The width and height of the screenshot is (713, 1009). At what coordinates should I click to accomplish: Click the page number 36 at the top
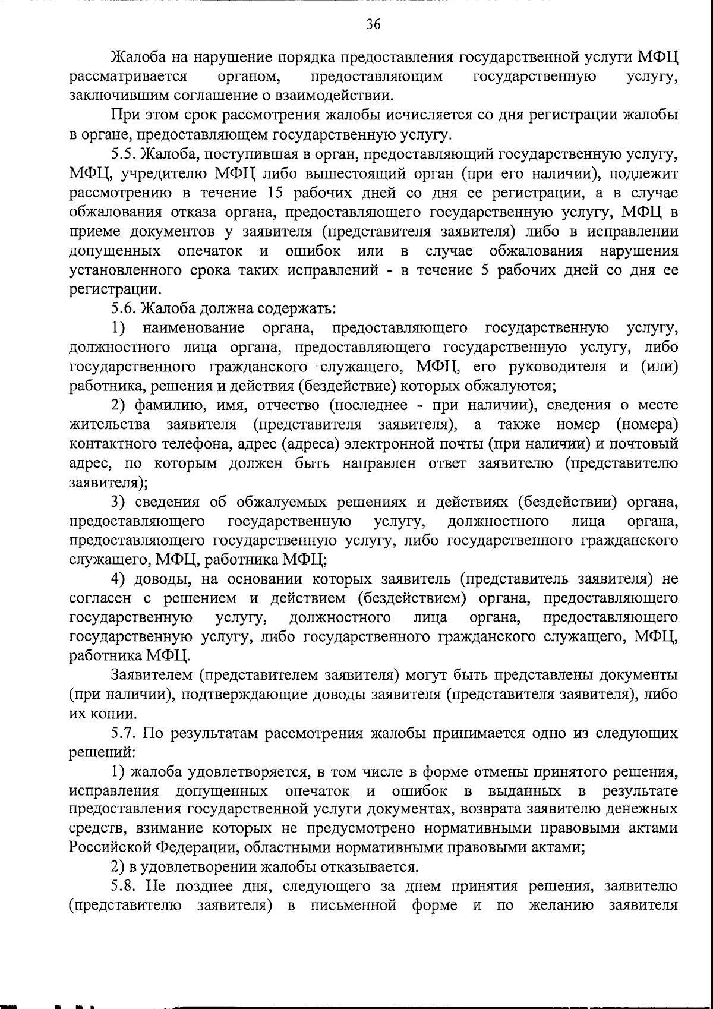(x=373, y=24)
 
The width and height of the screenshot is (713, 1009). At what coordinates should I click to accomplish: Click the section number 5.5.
(x=124, y=154)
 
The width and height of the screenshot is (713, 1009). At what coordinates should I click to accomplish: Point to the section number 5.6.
(x=124, y=309)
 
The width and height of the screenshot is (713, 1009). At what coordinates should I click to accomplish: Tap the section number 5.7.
(x=124, y=733)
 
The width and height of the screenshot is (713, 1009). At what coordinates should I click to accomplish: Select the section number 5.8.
(x=124, y=887)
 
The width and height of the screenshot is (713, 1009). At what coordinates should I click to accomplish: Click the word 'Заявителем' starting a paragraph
(x=152, y=676)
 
